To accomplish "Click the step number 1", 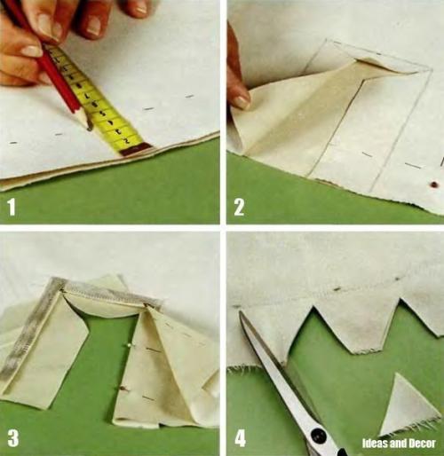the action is [x=12, y=207].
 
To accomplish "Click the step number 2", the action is [x=239, y=207].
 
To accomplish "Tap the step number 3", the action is [x=12, y=437].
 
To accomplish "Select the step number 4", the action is [x=240, y=438].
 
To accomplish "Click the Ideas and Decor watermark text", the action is [x=399, y=444].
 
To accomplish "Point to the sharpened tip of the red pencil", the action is [x=89, y=129].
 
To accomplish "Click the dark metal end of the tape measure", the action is [x=136, y=149].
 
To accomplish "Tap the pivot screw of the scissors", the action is [x=318, y=435].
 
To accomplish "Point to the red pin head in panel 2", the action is [x=434, y=185].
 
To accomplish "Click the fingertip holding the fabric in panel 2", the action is [x=241, y=99].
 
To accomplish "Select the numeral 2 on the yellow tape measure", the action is [x=127, y=140].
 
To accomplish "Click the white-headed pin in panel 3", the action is [x=129, y=344].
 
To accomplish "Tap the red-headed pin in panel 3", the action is [x=122, y=388].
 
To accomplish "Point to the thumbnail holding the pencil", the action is [x=32, y=51].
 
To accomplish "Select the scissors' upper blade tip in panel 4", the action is [x=241, y=312].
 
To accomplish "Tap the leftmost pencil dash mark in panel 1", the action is [x=13, y=143].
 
